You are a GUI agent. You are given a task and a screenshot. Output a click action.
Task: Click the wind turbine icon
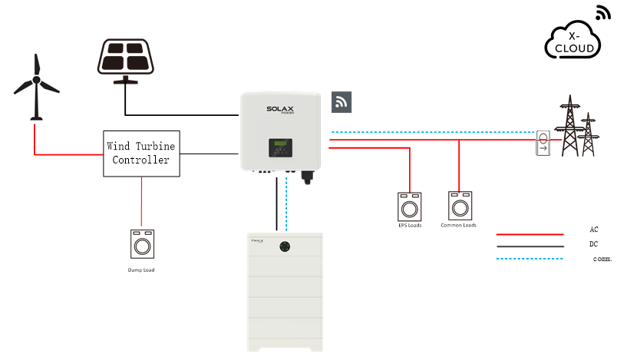coord(35,87)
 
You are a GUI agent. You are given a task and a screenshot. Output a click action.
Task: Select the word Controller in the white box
coord(141,160)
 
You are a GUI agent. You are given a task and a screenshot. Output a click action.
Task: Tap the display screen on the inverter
coord(279,146)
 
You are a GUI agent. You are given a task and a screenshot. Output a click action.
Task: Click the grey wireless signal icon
coord(342,102)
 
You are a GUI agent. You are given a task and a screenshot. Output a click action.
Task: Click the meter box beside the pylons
coord(543,143)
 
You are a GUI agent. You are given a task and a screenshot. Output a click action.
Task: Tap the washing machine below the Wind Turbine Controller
coord(142,243)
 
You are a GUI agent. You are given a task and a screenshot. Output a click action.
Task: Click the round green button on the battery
coord(285,247)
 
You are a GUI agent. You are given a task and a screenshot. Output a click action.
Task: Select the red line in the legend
coord(530,234)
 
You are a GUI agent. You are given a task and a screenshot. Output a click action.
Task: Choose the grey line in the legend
coord(530,246)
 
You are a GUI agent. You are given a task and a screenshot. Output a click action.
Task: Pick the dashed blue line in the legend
coord(530,259)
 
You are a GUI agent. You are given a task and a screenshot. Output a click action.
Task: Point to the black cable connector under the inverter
coord(308,178)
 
